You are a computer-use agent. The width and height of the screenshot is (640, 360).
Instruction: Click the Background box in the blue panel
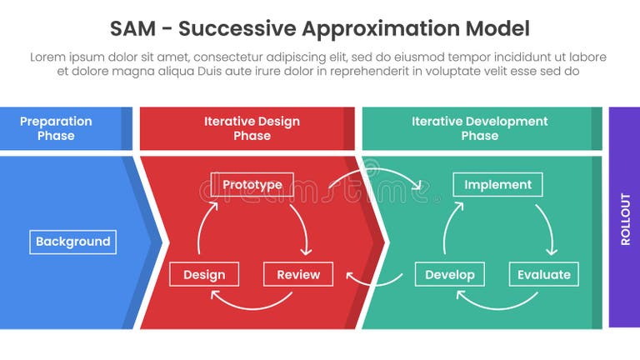pos(72,242)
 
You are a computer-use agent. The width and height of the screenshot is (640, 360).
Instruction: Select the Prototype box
pos(252,184)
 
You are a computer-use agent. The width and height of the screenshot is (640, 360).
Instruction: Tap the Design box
pos(203,274)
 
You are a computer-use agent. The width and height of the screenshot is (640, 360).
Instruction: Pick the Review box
pos(297,274)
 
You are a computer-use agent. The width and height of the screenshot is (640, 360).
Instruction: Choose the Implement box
pos(497,184)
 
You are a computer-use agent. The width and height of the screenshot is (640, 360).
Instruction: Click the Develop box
pos(449,274)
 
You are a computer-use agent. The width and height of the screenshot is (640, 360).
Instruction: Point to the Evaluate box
pos(543,274)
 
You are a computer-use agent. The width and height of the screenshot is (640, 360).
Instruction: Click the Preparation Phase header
pos(56,128)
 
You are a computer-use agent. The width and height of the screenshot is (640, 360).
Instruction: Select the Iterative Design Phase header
pos(252,128)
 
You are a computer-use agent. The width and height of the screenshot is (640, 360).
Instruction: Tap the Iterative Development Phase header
pos(479,128)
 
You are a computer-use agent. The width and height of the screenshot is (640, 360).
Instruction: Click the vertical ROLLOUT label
pos(625,218)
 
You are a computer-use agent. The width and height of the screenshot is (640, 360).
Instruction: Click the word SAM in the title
pos(131,29)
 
